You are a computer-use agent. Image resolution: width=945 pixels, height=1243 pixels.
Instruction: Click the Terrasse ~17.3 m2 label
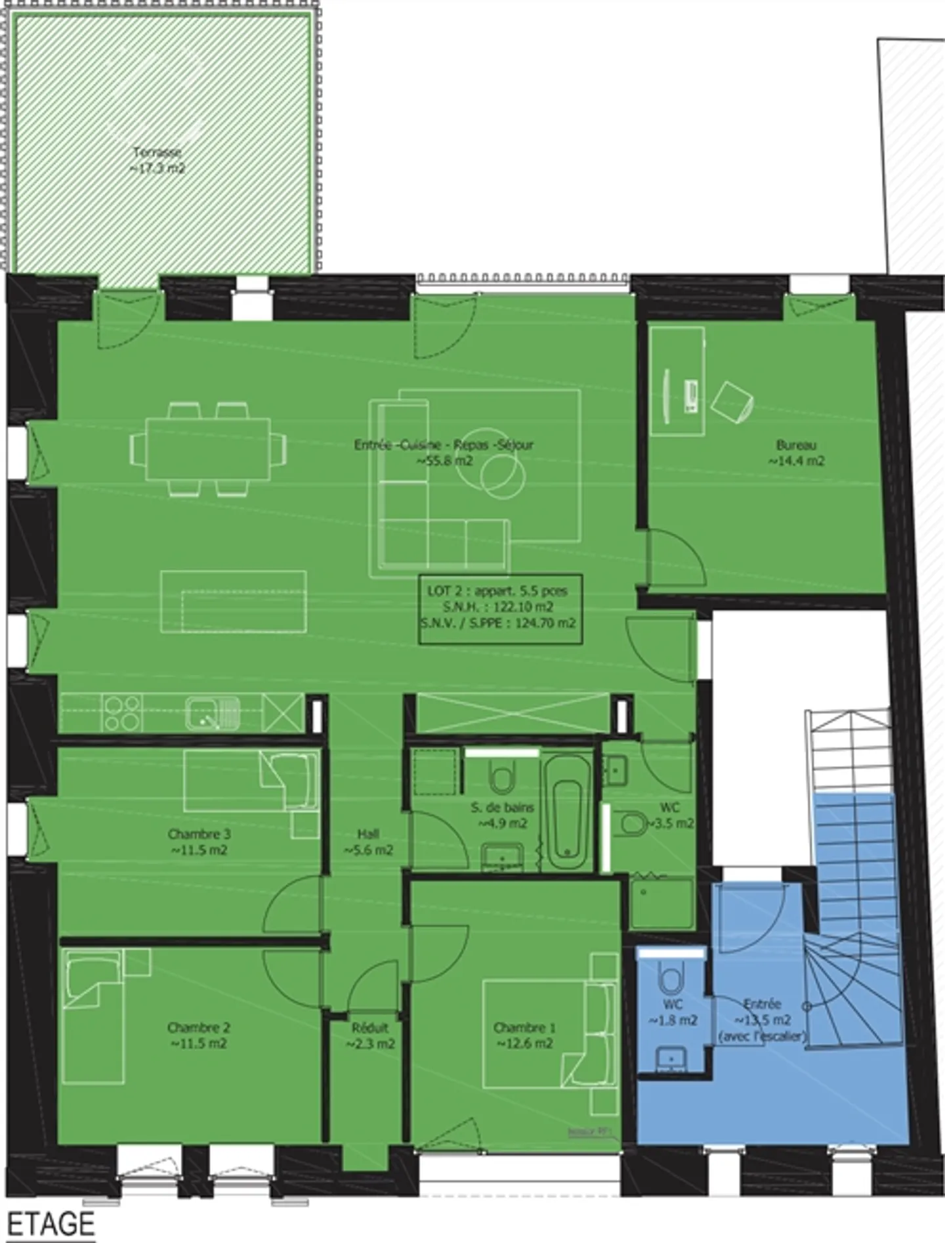pos(158,160)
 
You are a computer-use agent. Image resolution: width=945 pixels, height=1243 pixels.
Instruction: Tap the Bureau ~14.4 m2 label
pos(796,453)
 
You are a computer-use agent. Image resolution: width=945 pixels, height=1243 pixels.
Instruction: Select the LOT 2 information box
pos(500,607)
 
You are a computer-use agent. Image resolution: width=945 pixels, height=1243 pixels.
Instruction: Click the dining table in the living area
pos(208,449)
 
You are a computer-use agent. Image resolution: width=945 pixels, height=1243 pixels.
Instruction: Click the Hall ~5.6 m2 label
pos(368,842)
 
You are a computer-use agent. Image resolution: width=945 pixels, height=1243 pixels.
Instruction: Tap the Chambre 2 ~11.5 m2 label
pos(198,1036)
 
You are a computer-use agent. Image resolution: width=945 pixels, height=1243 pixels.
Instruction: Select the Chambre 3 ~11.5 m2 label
pos(198,842)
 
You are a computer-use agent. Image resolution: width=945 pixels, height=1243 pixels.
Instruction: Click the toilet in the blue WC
pos(671,978)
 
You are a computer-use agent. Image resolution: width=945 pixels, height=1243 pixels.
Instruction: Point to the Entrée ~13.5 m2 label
pos(762,1019)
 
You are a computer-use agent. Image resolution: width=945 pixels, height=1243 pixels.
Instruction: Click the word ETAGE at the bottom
pos(51,1224)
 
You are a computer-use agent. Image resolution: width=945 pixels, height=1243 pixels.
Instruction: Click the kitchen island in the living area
pos(233,602)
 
